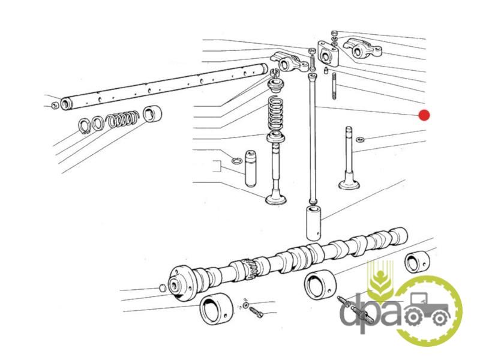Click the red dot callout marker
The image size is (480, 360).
coord(424,115)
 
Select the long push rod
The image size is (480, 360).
coord(313,138)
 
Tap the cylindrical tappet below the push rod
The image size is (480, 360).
coord(313,223)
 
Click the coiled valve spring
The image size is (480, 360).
coord(275,114)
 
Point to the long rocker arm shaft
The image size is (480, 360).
coord(164,86)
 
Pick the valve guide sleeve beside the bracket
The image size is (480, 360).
coord(250,169)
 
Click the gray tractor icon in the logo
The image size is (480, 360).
coord(428,309)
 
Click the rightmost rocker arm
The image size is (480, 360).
coord(362,49)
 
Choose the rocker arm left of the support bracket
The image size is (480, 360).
coord(289,62)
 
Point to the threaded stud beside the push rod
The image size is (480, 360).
coord(334,86)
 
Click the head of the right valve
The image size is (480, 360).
coord(349,184)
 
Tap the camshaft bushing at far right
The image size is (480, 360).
coord(417,262)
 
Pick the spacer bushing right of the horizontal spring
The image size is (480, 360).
coord(152,114)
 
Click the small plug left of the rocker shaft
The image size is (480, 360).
coord(55,106)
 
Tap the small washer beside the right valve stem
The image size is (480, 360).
coord(361,140)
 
